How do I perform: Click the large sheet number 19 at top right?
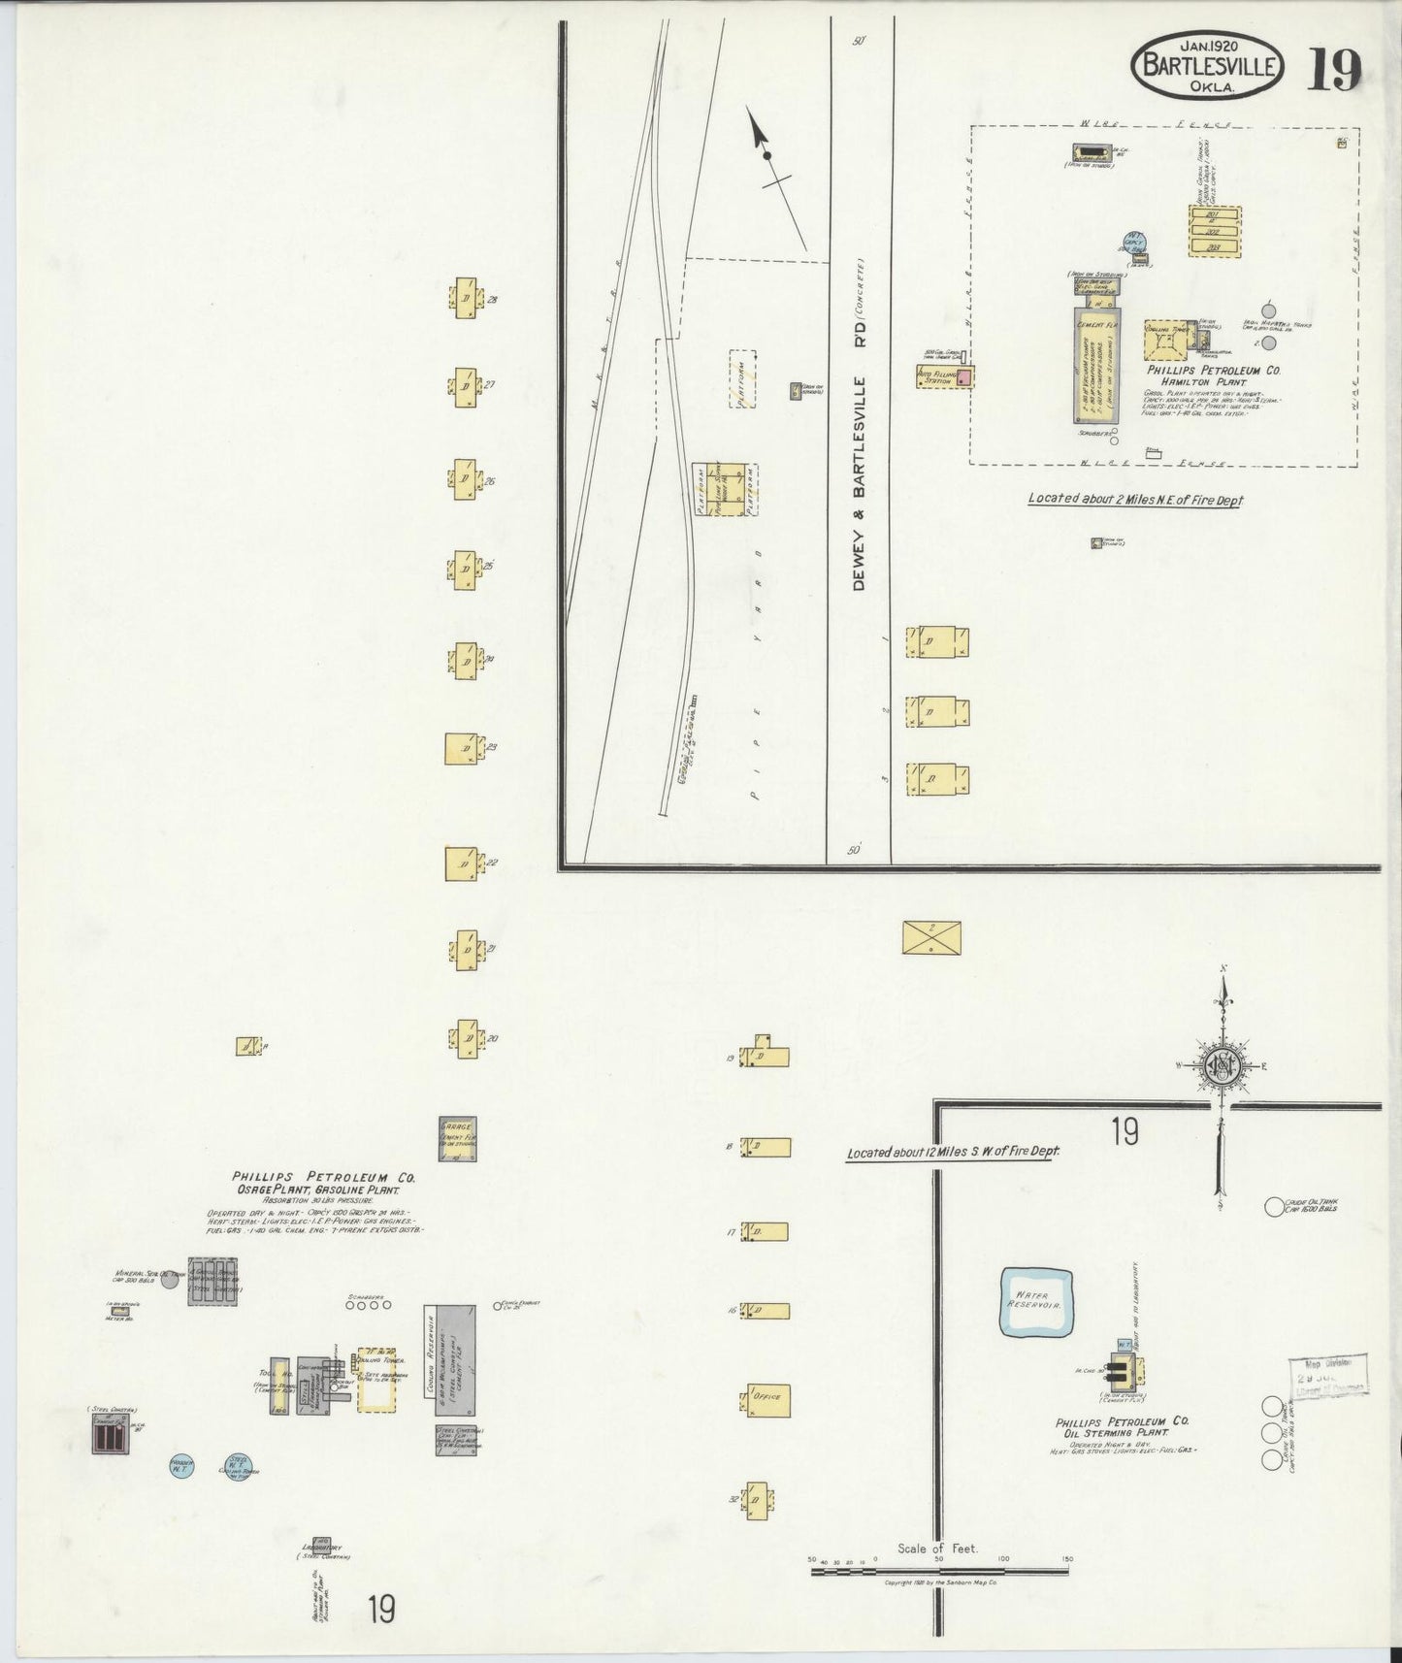click(x=1336, y=69)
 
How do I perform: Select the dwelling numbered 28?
click(x=464, y=299)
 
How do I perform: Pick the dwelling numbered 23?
click(x=463, y=749)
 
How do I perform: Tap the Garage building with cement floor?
click(x=458, y=1138)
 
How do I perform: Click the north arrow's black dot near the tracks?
click(x=766, y=156)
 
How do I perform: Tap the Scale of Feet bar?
click(x=939, y=1569)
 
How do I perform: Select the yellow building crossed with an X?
click(x=930, y=937)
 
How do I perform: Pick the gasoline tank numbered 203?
click(x=1214, y=247)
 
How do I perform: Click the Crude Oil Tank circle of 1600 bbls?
click(x=1274, y=1207)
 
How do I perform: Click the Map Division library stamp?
click(x=1326, y=1376)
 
